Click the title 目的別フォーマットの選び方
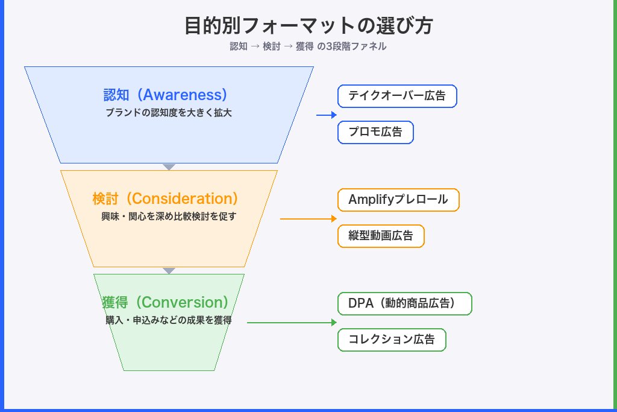308,26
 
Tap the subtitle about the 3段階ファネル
308,46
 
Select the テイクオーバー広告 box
397,96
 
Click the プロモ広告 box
375,132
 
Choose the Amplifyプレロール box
398,200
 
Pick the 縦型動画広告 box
381,236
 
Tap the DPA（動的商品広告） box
404,303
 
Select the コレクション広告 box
392,340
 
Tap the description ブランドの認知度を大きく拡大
168,113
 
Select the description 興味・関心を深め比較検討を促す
168,217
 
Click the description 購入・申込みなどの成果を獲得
168,320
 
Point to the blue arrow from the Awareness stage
327,115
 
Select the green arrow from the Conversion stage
292,323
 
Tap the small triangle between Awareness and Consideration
169,166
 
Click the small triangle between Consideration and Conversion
169,270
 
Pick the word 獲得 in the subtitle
304,46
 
